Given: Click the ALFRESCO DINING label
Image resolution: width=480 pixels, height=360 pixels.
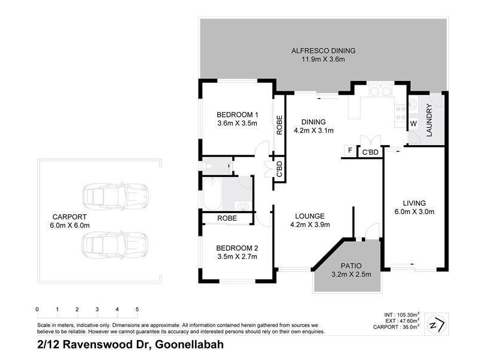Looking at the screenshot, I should tap(323, 50).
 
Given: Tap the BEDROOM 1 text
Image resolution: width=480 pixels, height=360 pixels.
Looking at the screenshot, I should tap(237, 115).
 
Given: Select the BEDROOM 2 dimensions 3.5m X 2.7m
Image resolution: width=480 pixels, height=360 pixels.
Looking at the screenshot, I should tap(237, 257).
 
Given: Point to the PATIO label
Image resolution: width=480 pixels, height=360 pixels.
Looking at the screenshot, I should tap(347, 265).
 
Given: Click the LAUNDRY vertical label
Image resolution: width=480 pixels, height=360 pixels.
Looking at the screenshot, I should tap(430, 120).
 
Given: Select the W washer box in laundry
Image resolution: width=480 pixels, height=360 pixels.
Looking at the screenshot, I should tap(413, 124).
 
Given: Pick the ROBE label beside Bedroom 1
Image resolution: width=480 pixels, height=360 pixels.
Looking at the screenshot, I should tap(280, 124).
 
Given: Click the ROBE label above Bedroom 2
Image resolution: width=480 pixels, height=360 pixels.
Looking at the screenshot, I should tap(227, 219).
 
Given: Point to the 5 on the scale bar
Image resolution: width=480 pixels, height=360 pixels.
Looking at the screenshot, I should tap(137, 309).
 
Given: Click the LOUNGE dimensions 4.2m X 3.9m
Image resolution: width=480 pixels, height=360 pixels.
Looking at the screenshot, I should tap(310, 225).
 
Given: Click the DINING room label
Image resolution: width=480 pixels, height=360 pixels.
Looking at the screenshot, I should tap(313, 121).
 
